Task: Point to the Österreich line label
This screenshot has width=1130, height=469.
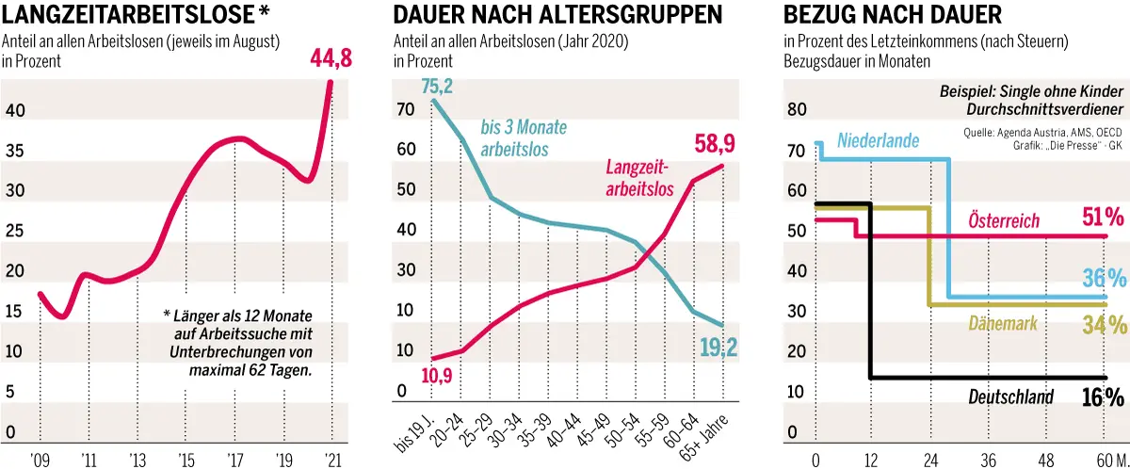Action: click(x=1004, y=221)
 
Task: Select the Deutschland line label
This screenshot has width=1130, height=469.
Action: click(x=1010, y=397)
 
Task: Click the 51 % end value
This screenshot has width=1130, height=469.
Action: click(x=1103, y=218)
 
